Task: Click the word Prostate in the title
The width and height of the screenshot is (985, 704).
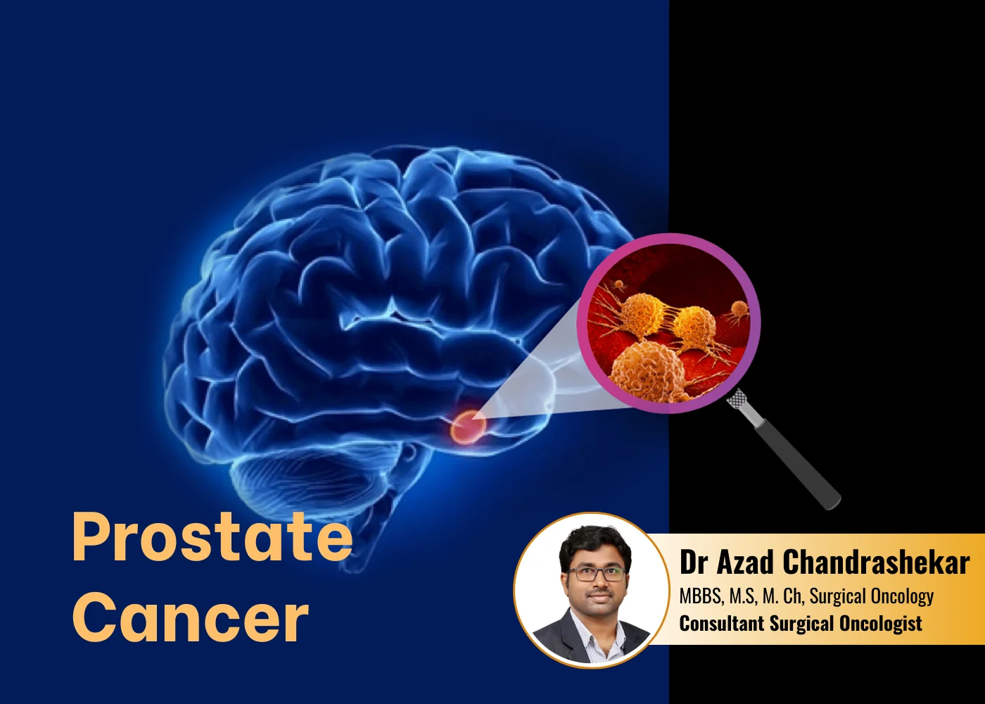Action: pyautogui.click(x=212, y=537)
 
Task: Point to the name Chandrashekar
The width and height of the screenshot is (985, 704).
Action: pyautogui.click(x=876, y=562)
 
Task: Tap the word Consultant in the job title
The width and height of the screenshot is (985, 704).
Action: pyautogui.click(x=721, y=624)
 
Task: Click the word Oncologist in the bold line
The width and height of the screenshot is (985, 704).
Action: pyautogui.click(x=880, y=624)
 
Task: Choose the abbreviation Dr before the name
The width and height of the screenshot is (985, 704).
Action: pyautogui.click(x=693, y=562)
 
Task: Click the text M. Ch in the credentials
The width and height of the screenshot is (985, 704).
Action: pyautogui.click(x=782, y=597)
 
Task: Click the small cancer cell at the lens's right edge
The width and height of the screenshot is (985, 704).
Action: pyautogui.click(x=739, y=310)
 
